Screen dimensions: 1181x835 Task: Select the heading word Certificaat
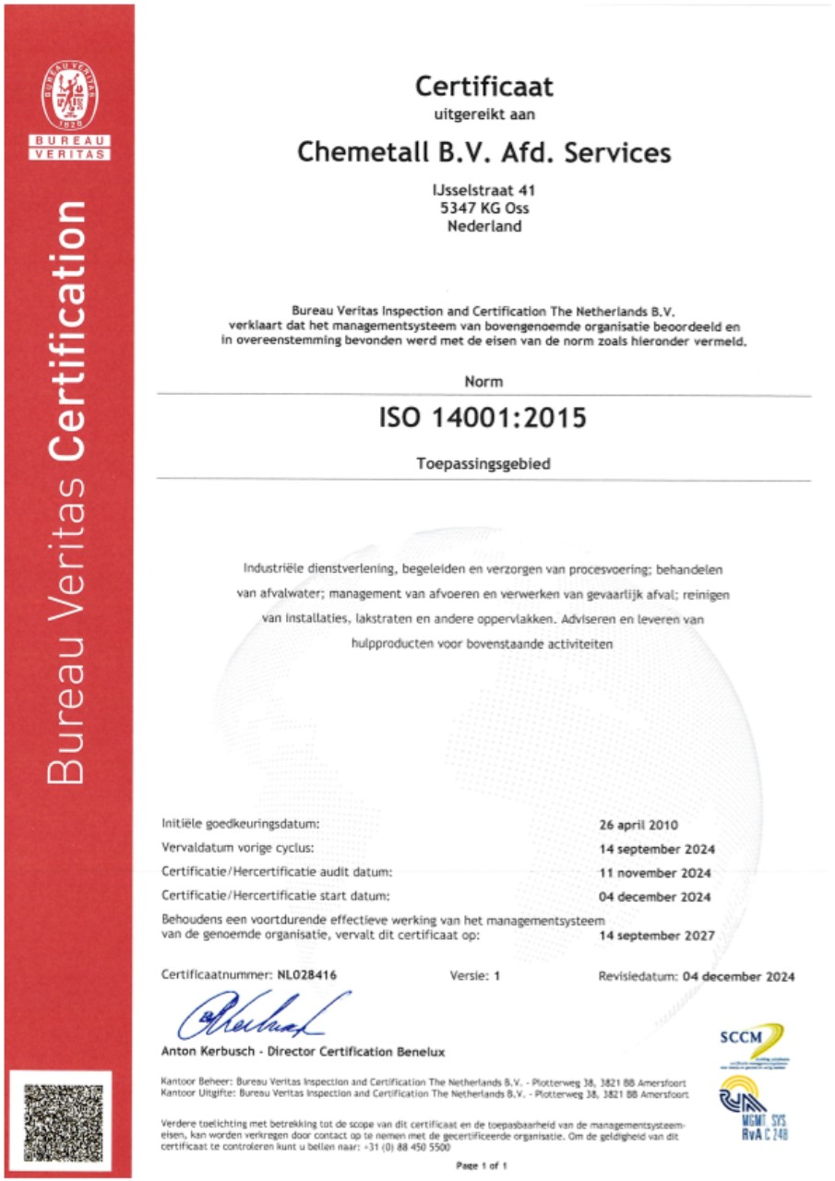483,87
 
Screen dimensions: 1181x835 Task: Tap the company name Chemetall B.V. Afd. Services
483,151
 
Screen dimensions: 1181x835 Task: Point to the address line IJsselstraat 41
483,190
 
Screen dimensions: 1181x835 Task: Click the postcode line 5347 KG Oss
483,208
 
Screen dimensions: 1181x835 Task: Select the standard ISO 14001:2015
483,418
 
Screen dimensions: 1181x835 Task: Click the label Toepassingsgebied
483,464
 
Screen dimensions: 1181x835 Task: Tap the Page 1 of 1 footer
483,1166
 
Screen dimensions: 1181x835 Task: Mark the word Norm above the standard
483,379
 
